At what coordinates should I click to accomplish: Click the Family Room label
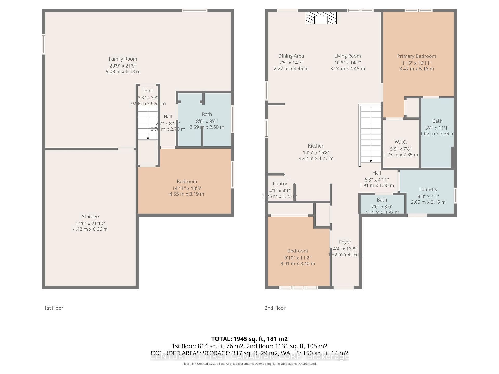pos(123,59)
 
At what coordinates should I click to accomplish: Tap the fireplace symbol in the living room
pos(321,18)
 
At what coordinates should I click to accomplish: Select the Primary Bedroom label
pos(416,56)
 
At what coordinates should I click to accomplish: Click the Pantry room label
pos(280,184)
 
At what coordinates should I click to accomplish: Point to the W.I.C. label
pos(400,142)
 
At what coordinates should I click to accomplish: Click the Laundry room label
pos(428,189)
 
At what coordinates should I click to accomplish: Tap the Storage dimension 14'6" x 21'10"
pos(90,223)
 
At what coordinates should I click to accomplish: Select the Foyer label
pos(345,242)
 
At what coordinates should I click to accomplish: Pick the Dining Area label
pos(291,56)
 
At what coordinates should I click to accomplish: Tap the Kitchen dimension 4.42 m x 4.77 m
pos(316,158)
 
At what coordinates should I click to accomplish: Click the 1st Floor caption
pos(54,308)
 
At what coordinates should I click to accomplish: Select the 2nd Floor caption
pos(275,308)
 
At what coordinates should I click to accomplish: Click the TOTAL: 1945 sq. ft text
pos(249,339)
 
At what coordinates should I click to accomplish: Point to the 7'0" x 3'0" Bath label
pos(382,200)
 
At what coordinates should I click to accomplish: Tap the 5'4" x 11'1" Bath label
pos(437,121)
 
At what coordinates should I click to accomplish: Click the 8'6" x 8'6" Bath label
pos(207,114)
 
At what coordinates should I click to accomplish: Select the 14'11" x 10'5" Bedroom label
pos(187,182)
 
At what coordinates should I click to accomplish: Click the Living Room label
pos(347,56)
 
